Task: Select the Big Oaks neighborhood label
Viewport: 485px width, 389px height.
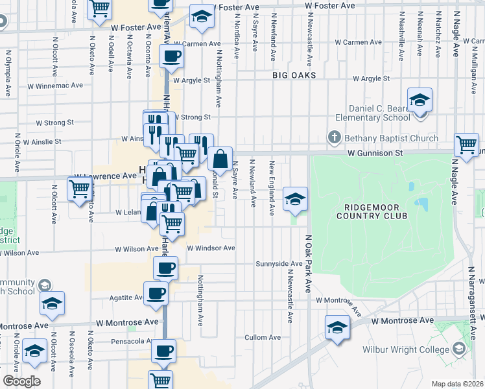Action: pos(294,75)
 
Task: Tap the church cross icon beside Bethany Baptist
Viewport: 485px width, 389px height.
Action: pos(334,137)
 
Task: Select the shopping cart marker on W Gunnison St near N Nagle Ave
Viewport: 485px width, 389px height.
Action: pos(467,145)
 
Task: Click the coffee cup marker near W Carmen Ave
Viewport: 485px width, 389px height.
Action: pos(171,57)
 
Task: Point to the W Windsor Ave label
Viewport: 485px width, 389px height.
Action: pos(211,248)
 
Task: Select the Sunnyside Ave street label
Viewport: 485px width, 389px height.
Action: pos(279,264)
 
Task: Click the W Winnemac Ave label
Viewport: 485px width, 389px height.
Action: pos(55,85)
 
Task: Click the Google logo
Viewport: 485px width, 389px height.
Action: pos(21,381)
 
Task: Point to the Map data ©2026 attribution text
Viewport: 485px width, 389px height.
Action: pos(457,384)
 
